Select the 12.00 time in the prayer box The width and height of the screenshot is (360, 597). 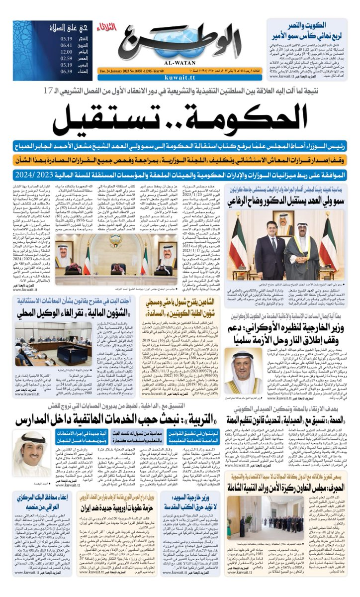(x=67, y=51)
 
